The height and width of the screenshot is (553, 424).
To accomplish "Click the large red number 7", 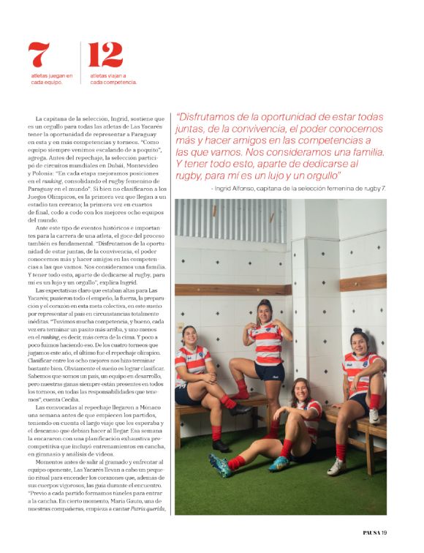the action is (40, 56).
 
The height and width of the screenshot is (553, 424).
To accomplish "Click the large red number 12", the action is (105, 56).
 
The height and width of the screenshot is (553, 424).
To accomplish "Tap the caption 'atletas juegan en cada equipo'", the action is (51, 78).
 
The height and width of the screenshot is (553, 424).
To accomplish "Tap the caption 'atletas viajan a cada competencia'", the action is (113, 78).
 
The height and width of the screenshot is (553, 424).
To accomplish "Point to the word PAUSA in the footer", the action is (372, 530).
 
